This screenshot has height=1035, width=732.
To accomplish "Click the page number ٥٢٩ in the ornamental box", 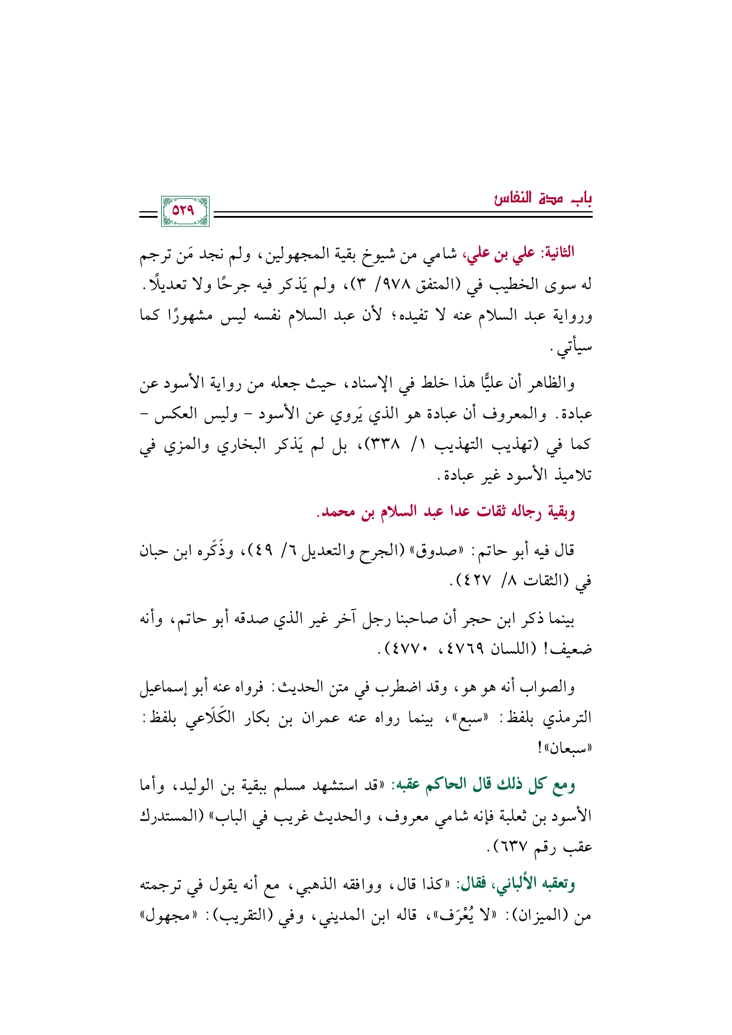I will (x=185, y=211).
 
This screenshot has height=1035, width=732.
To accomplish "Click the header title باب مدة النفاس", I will (x=543, y=198).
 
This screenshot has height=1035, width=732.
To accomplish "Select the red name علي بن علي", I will (x=503, y=254).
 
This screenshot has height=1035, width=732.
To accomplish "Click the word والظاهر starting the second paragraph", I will (x=553, y=384).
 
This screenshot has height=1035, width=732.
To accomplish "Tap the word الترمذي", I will (x=571, y=718).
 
